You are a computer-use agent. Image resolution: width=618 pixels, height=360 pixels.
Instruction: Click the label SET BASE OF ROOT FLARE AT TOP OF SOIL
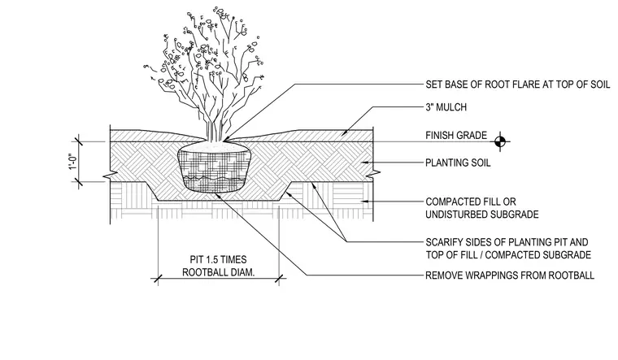(517, 85)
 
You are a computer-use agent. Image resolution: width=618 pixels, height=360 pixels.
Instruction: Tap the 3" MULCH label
(446, 107)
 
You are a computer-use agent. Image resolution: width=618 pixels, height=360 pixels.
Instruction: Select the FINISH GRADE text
(456, 136)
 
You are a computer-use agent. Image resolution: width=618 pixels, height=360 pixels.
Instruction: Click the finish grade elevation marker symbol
(500, 141)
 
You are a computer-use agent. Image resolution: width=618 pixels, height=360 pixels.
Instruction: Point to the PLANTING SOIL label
(458, 163)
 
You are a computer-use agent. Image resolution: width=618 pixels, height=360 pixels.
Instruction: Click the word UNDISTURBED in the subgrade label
(455, 215)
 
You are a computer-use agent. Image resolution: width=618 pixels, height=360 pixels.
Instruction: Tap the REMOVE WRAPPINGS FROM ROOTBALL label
(510, 275)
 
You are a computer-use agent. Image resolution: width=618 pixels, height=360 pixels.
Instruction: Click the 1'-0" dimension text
(73, 162)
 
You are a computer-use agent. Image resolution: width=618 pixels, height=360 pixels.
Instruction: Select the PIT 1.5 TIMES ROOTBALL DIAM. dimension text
(218, 266)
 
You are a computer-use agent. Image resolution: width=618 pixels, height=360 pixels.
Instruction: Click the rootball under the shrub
(214, 168)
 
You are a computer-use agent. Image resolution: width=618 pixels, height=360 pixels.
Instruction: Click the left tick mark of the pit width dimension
(158, 280)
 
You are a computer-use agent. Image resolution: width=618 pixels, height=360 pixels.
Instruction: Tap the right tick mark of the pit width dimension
(280, 280)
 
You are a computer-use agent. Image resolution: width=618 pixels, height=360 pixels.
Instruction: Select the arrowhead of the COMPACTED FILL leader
(364, 202)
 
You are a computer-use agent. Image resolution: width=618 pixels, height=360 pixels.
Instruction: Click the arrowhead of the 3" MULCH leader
(344, 133)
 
